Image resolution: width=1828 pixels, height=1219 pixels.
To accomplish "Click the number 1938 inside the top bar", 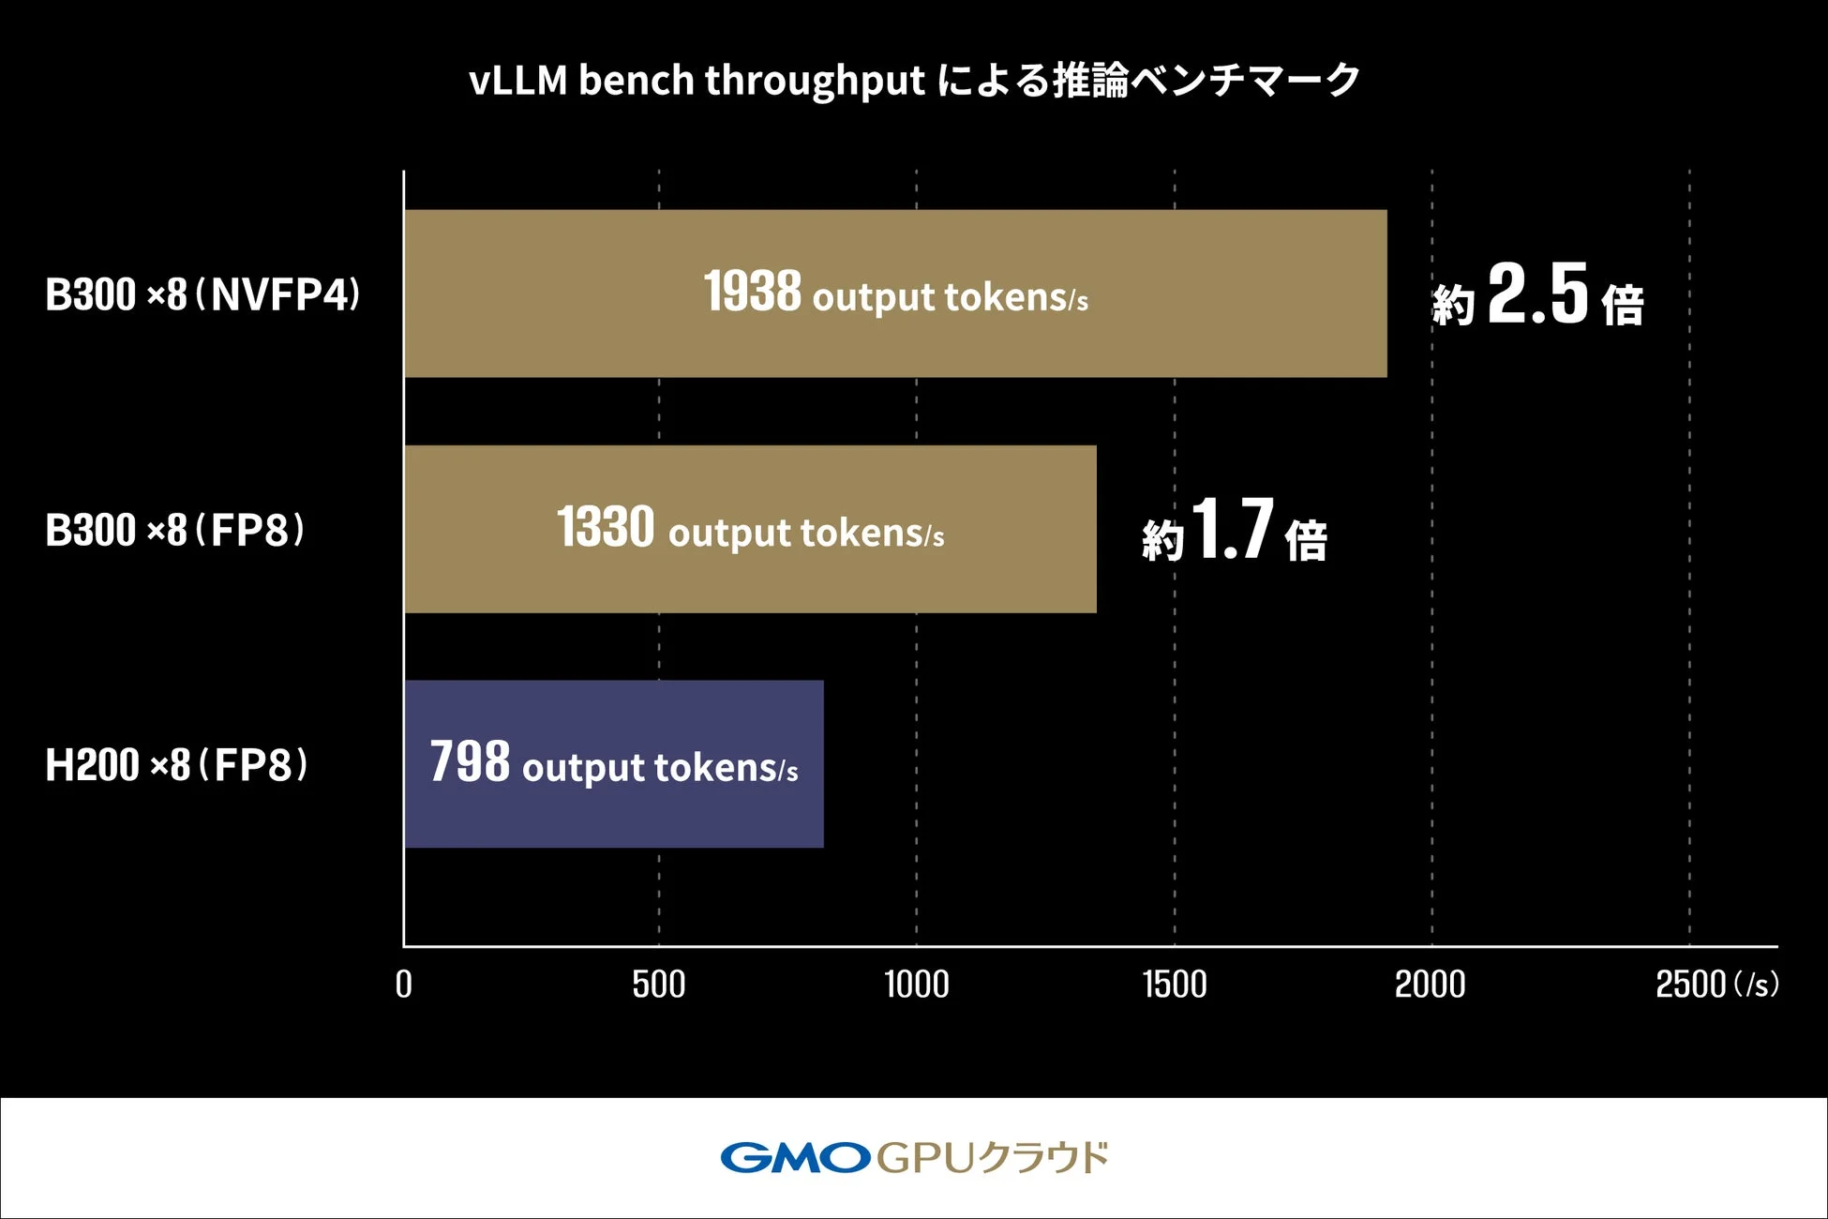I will (753, 292).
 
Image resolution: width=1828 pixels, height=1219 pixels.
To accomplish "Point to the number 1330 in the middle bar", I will (606, 527).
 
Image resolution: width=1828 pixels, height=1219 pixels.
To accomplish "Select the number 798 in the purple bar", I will (470, 761).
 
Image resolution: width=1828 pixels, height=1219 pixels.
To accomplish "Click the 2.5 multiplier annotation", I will (1537, 295).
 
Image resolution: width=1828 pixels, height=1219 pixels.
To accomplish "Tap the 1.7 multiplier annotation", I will (1234, 531).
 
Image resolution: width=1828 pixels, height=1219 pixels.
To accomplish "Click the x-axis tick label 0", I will (404, 985).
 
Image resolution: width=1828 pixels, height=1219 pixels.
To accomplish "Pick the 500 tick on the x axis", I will (658, 985).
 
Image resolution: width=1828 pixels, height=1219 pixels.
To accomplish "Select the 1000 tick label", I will (916, 985).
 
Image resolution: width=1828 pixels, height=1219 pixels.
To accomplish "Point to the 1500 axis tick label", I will (1174, 985).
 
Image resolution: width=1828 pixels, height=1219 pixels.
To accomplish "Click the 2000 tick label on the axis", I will (1431, 985).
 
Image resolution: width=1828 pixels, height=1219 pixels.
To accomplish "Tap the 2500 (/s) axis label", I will (1716, 985).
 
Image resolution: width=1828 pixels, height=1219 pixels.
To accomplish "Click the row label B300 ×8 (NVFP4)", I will (202, 295).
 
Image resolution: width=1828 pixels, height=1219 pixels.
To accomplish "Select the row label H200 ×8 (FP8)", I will (176, 765).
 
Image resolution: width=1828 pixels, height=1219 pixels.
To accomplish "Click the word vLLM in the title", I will (518, 81).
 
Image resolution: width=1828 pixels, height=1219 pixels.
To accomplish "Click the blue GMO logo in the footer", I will (795, 1158).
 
